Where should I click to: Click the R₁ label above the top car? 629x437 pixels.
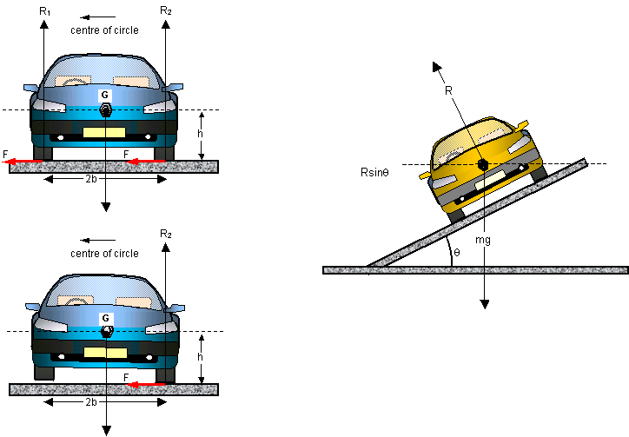click(x=45, y=11)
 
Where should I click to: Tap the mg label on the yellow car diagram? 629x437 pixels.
click(x=482, y=240)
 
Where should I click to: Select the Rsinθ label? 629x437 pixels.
click(x=374, y=173)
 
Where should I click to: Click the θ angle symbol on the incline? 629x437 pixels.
click(x=457, y=253)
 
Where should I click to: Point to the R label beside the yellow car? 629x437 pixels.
click(x=448, y=91)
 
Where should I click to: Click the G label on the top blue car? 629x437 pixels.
click(x=105, y=95)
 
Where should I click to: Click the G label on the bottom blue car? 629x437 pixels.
click(x=105, y=318)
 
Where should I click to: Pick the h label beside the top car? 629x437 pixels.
click(x=200, y=134)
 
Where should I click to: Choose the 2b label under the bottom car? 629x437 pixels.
click(x=91, y=402)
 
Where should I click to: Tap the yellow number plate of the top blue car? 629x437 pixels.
click(x=104, y=132)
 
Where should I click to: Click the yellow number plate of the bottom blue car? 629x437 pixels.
click(x=105, y=353)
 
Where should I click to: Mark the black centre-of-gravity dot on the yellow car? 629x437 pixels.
click(x=482, y=164)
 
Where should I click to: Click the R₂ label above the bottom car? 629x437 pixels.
click(x=166, y=234)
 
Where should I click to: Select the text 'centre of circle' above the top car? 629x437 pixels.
click(x=104, y=30)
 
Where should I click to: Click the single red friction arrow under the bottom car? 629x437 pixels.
click(x=145, y=385)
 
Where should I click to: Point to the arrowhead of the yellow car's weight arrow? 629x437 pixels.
click(x=485, y=304)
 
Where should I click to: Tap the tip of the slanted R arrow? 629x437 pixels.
click(x=434, y=63)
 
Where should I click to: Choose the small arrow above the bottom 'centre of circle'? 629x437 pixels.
click(x=97, y=241)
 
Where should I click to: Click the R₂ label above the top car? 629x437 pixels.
click(x=166, y=10)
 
